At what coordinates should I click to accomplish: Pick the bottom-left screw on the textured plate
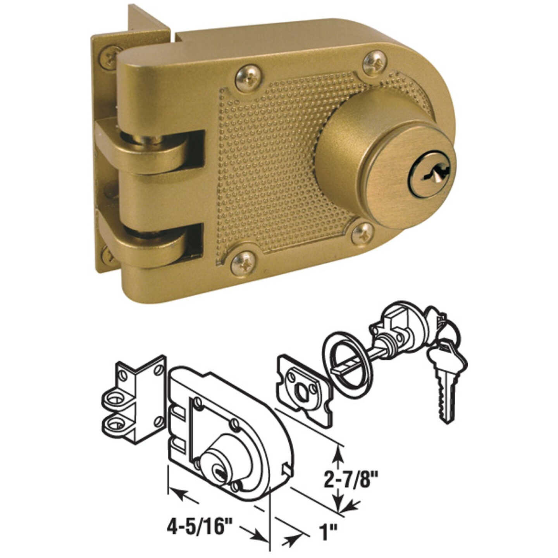click(x=243, y=263)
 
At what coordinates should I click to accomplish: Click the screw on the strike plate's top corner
click(x=109, y=57)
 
